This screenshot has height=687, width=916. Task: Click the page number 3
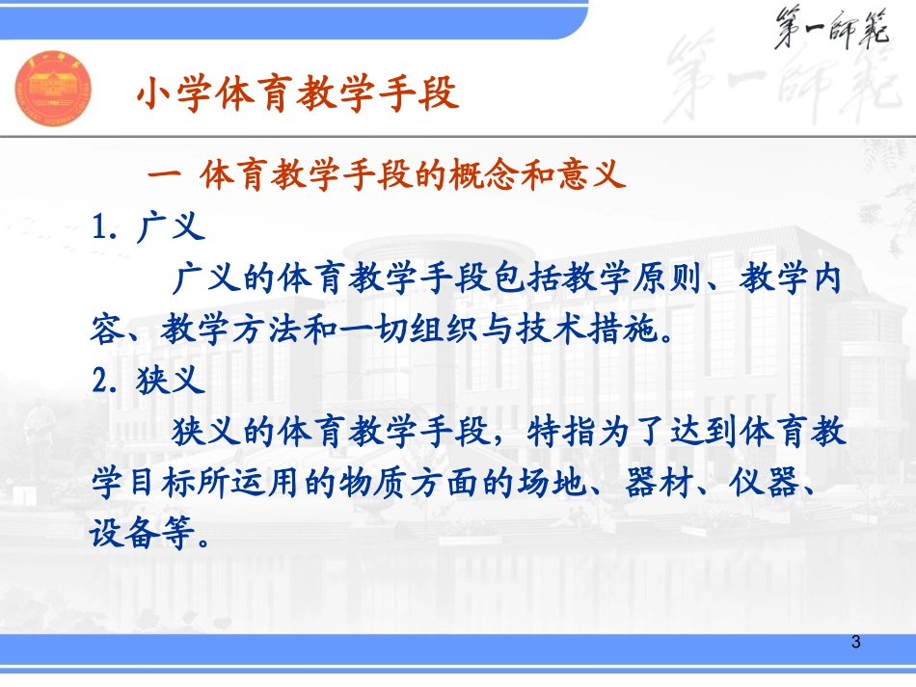pos(856,642)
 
